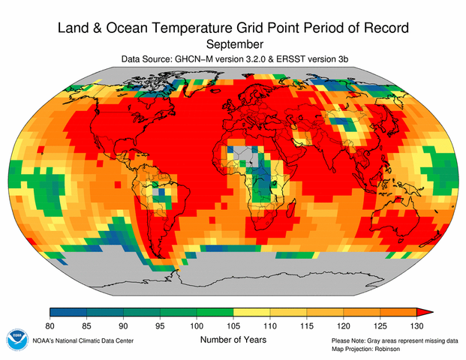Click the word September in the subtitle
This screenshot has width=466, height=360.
(x=233, y=45)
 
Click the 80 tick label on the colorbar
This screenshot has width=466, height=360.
(x=50, y=324)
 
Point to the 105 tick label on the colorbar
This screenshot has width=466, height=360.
(x=234, y=324)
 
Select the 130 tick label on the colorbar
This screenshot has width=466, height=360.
(x=417, y=324)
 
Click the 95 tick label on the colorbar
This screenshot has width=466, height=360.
(x=161, y=324)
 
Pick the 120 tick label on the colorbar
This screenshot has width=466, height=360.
(x=344, y=324)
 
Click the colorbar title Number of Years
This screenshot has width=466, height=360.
(x=233, y=339)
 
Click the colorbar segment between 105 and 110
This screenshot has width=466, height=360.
(x=252, y=312)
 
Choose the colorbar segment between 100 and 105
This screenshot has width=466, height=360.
(x=215, y=312)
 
